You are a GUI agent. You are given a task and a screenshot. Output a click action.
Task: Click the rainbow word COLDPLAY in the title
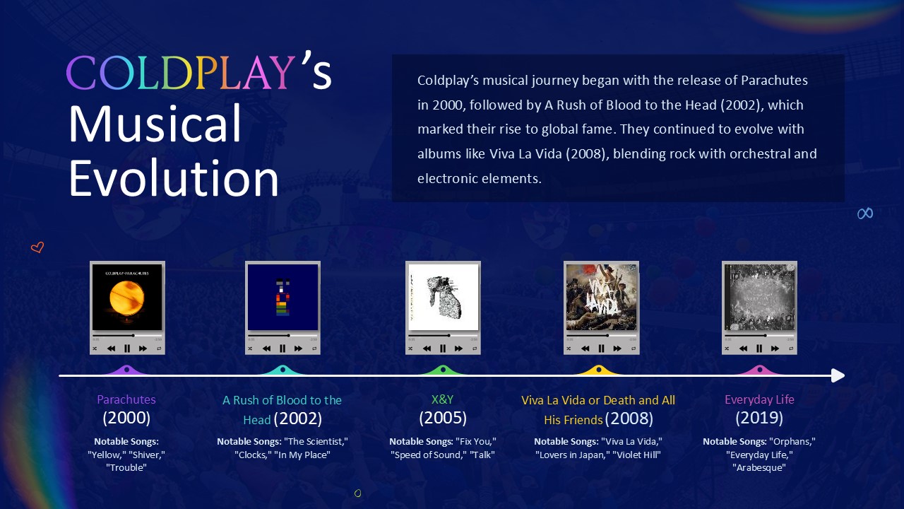pos(181,73)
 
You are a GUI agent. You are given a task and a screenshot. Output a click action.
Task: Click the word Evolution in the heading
pos(174,178)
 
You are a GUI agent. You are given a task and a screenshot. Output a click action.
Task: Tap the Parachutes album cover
pos(127,297)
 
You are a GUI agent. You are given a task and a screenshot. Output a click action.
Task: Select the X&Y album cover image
pos(443,297)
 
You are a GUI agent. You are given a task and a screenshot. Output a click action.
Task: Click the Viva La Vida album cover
pos(601,297)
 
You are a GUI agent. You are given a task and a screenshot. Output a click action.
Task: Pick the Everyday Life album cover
pos(759,297)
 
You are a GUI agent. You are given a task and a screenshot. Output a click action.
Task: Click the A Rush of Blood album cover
pos(282,297)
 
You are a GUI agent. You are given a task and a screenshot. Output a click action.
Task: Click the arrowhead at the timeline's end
pos(838,375)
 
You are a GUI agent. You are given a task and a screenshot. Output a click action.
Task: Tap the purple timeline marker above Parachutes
pos(126,370)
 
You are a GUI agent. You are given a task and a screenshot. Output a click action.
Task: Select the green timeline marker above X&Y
pos(443,370)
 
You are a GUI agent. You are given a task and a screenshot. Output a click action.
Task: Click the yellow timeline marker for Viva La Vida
pos(599,370)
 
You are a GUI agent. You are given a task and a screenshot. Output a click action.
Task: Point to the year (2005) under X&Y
pos(443,418)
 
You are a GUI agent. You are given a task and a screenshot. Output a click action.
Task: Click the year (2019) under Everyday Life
pos(759,418)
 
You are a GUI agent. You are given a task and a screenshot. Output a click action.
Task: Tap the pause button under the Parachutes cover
pos(127,349)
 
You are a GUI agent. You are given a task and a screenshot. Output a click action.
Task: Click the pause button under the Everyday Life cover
pos(759,349)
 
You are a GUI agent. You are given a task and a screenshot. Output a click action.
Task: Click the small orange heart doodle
pos(37,247)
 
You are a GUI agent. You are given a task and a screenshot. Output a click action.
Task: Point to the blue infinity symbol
pos(865,213)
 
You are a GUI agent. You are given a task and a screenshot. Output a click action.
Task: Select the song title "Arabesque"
pos(759,467)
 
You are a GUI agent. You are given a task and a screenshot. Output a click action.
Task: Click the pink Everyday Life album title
pos(759,399)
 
